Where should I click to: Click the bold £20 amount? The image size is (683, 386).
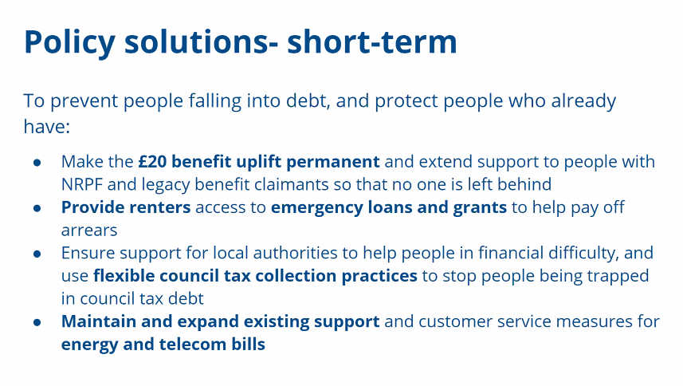coord(152,162)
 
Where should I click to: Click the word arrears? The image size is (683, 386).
coord(89,230)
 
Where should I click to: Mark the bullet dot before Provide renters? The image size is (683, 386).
coord(37,208)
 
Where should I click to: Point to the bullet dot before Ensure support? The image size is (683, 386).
coord(37,254)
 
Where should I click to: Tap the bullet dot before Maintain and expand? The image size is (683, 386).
coord(37,323)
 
